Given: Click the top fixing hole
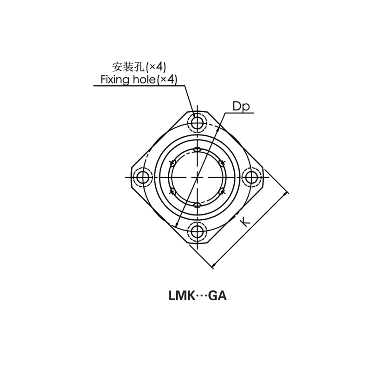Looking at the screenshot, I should coord(198,122).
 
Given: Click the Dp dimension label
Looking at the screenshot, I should coord(241,107).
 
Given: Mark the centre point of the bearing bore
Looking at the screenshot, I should coord(198,177).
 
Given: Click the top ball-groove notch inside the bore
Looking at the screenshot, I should coord(198,150).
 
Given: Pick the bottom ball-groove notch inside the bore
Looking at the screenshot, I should coord(198,205).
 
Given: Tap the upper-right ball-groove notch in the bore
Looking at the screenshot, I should coord(221,163).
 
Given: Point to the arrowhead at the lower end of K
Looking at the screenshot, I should coord(213,267).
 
